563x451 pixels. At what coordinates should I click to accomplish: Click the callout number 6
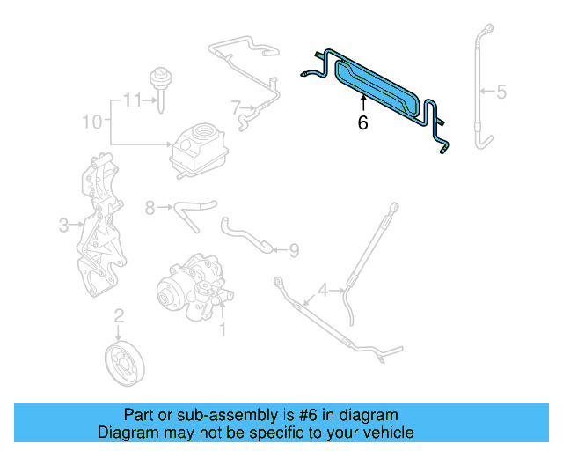[362, 123]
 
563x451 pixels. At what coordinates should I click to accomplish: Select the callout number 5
[501, 91]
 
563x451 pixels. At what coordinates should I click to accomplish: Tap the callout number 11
[131, 100]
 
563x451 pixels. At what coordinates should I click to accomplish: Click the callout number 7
[236, 108]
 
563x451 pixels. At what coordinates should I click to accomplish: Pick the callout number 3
[63, 225]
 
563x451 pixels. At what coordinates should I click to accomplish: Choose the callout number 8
[150, 208]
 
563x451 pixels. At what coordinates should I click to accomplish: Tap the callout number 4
[323, 289]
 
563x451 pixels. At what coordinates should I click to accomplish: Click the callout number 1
[223, 330]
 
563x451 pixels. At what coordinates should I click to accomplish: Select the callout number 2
[119, 314]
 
